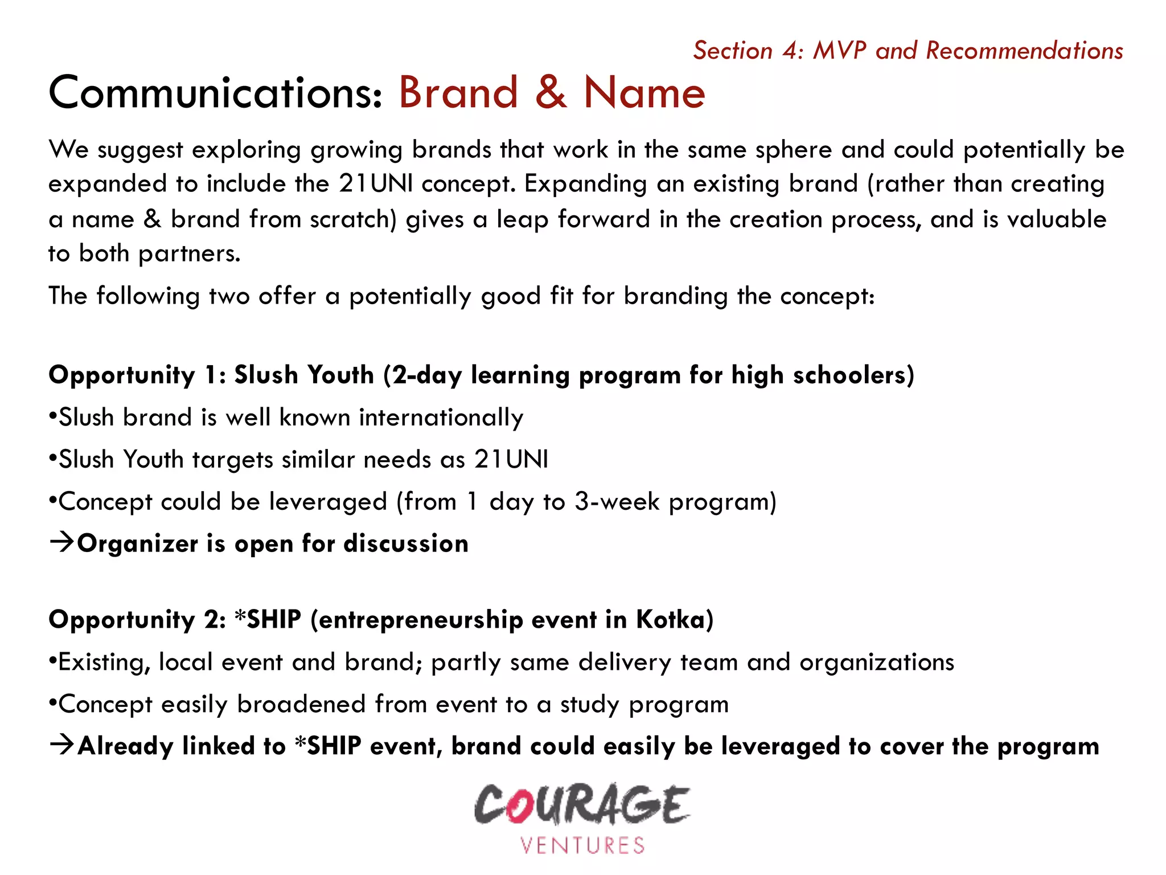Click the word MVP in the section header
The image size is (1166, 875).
[x=839, y=50]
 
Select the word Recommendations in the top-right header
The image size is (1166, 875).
[x=1024, y=50]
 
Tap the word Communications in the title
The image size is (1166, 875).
[x=215, y=93]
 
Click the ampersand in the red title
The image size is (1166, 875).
[x=551, y=93]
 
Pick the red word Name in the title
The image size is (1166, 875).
[x=644, y=93]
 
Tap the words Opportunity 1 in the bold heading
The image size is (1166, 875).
[x=137, y=376]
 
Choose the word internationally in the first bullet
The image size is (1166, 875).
[x=441, y=418]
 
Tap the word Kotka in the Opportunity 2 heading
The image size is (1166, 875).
[x=675, y=619]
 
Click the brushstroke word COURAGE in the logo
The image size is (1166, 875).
[x=582, y=804]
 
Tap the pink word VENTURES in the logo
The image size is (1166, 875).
[x=582, y=845]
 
